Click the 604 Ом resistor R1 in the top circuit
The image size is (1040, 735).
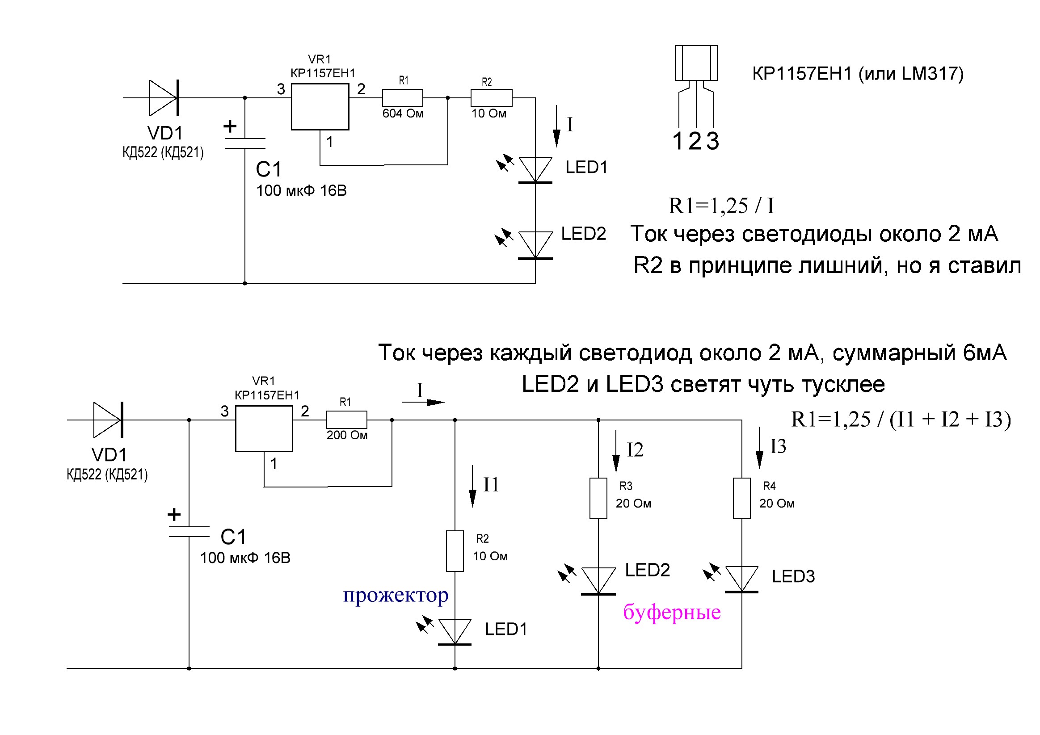pos(402,98)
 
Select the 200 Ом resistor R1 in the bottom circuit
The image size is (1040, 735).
pos(346,420)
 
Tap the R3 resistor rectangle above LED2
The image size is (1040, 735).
pos(598,498)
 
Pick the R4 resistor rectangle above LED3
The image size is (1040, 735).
pos(741,498)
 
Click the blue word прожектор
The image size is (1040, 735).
pos(396,595)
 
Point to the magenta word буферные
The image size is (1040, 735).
pos(671,612)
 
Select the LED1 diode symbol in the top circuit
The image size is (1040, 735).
pos(535,170)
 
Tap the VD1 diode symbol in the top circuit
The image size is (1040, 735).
pos(164,98)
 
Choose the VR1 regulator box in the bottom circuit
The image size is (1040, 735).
pos(264,428)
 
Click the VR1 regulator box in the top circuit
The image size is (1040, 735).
pos(320,106)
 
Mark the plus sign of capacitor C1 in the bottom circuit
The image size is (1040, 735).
pos(174,514)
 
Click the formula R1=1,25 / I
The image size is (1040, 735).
pos(721,206)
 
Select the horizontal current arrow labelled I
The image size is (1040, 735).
pos(423,402)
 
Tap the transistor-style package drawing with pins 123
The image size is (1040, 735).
pos(696,86)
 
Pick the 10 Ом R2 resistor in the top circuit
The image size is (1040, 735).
pos(492,98)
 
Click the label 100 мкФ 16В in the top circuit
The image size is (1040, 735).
pos(301,191)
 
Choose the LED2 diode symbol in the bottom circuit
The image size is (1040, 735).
pos(598,580)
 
